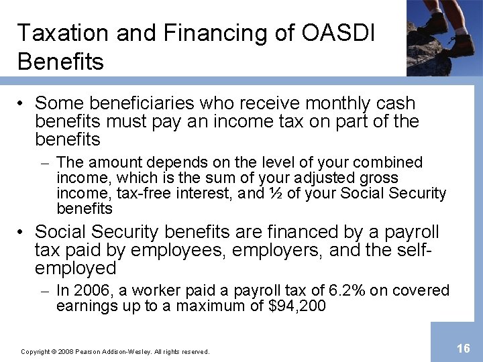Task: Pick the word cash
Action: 395,104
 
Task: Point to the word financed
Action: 282,233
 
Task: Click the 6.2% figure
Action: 349,290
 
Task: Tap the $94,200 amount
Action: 296,306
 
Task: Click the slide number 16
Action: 463,348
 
